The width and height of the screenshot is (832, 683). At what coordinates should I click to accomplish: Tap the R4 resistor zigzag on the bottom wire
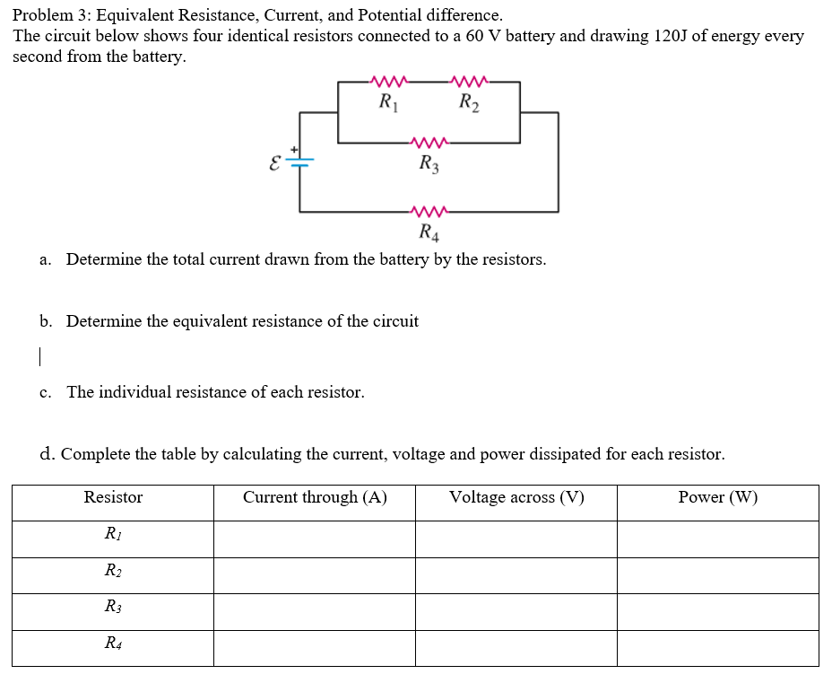[428, 213]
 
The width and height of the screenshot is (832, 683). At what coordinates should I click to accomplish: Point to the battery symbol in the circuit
[299, 162]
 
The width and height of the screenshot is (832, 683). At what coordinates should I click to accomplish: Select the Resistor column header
[113, 497]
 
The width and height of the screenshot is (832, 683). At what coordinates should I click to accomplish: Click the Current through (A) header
[315, 497]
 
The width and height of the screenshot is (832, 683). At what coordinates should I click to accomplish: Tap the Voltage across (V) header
[516, 497]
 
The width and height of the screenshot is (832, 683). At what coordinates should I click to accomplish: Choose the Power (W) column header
[717, 497]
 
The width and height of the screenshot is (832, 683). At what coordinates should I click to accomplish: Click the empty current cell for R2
[314, 575]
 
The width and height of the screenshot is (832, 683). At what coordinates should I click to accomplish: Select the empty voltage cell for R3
[516, 611]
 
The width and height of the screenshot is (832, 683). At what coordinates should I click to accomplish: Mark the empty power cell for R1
[717, 539]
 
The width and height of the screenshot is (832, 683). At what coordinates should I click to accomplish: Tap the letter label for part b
[44, 321]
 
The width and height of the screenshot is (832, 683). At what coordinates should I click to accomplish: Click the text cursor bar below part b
[40, 356]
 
